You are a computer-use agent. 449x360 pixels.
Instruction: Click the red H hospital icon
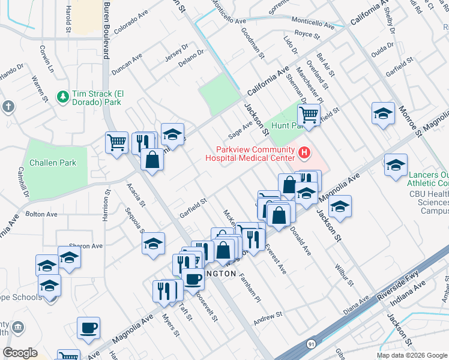pyautogui.click(x=304, y=154)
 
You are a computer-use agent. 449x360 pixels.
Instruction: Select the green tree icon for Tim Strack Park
pyautogui.click(x=62, y=96)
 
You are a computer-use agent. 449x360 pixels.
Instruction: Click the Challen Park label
pyautogui.click(x=51, y=163)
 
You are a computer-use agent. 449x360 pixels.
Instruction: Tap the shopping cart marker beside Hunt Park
pyautogui.click(x=309, y=114)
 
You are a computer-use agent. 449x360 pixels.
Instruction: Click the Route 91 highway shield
pyautogui.click(x=309, y=344)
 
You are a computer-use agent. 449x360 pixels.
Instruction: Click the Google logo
pyautogui.click(x=20, y=353)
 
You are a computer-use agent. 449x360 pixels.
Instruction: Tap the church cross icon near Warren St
pyautogui.click(x=7, y=107)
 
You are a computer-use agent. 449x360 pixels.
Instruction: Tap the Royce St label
pyautogui.click(x=307, y=35)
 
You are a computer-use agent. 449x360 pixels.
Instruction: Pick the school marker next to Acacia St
pyautogui.click(x=153, y=243)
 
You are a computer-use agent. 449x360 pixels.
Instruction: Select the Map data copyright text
pyautogui.click(x=412, y=355)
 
